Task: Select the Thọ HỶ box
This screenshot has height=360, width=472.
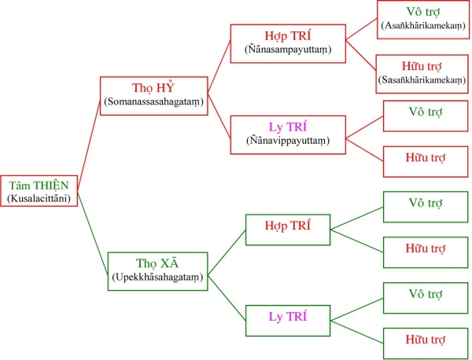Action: [x=155, y=94]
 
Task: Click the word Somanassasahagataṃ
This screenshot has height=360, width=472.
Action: [x=155, y=102]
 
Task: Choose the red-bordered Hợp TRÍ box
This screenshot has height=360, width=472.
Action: [x=287, y=42]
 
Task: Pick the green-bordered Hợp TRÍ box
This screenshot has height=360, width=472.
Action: [x=288, y=230]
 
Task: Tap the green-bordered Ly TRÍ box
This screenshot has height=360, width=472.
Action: [x=288, y=320]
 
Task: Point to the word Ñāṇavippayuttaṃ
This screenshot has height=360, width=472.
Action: [x=287, y=141]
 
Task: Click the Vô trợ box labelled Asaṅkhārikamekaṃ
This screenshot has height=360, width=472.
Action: [x=424, y=18]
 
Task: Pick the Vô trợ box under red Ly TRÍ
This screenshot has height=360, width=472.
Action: [x=425, y=115]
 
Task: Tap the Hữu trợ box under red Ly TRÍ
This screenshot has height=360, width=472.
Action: [x=425, y=160]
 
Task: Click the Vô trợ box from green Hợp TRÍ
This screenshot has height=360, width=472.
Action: [x=425, y=206]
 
